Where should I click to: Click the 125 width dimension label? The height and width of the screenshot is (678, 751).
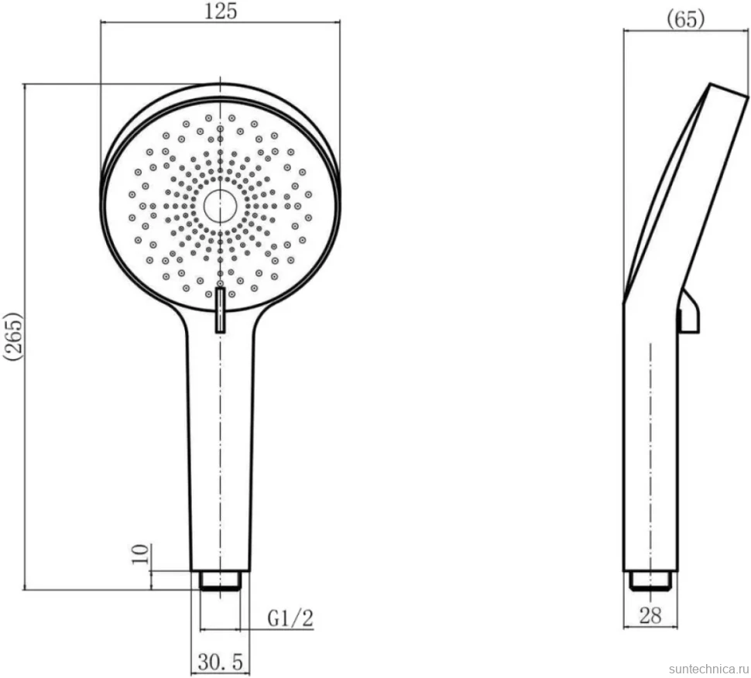[x=221, y=11]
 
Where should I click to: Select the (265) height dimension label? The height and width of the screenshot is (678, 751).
[x=12, y=336]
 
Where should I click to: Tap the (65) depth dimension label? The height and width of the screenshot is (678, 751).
[x=686, y=19]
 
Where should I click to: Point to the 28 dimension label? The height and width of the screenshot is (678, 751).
[x=650, y=616]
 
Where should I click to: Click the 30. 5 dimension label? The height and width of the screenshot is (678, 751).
[x=221, y=663]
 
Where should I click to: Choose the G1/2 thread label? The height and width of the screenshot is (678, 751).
[x=290, y=618]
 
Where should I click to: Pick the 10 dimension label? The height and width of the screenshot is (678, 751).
[x=141, y=554]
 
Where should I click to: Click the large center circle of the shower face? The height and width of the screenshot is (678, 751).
[x=221, y=206]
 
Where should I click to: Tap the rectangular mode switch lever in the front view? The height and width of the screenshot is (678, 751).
[x=221, y=310]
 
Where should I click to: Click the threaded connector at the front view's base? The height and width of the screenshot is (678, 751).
[x=221, y=580]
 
